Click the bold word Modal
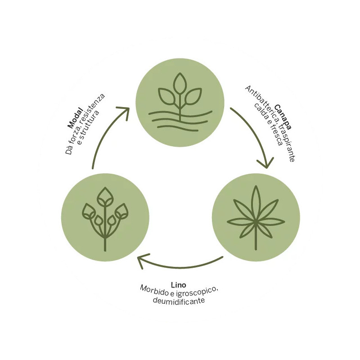click(75, 118)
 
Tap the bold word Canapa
click(283, 117)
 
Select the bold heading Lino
click(178, 285)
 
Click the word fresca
click(276, 136)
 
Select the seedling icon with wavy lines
click(180, 102)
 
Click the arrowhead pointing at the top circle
click(124, 112)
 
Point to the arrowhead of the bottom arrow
click(142, 261)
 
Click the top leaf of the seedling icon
click(180, 83)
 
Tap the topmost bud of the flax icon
click(105, 197)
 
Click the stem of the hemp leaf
click(256, 237)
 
